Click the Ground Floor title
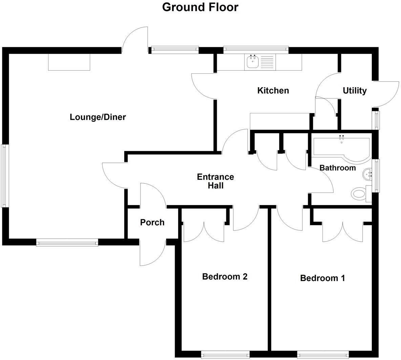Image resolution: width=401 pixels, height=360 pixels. click(200, 7)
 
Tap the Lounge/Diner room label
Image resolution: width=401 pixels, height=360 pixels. click(98, 117)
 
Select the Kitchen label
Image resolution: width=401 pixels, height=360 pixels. click(273, 90)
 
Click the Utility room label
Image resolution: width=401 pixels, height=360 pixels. click(355, 90)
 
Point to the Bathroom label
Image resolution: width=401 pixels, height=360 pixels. click(337, 167)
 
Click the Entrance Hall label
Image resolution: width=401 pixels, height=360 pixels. click(215, 181)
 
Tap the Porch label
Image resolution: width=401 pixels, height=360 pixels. click(152, 222)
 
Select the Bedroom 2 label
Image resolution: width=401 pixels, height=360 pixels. click(225, 276)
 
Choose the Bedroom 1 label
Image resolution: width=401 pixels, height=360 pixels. click(322, 278)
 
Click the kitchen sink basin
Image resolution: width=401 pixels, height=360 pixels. click(253, 62)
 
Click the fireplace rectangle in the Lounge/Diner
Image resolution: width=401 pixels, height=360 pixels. click(69, 62)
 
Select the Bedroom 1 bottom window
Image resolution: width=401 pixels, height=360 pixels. click(323, 355)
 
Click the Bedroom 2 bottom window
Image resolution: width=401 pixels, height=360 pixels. click(225, 355)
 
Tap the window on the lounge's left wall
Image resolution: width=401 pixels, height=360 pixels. click(4, 176)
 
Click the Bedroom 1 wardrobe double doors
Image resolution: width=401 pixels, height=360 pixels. click(343, 232)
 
